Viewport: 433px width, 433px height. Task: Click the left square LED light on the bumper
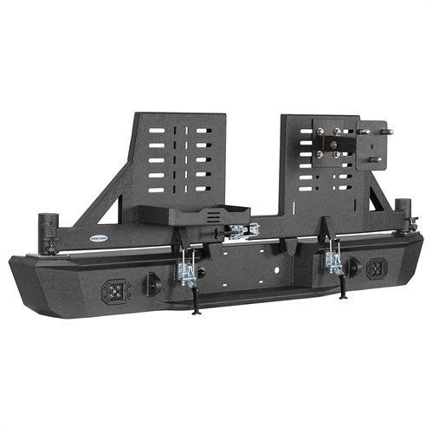tap(113, 290)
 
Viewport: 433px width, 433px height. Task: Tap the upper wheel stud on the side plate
tap(387, 132)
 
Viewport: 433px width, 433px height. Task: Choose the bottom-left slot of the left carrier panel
tap(156, 189)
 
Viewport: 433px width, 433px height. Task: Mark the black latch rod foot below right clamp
tap(344, 295)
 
